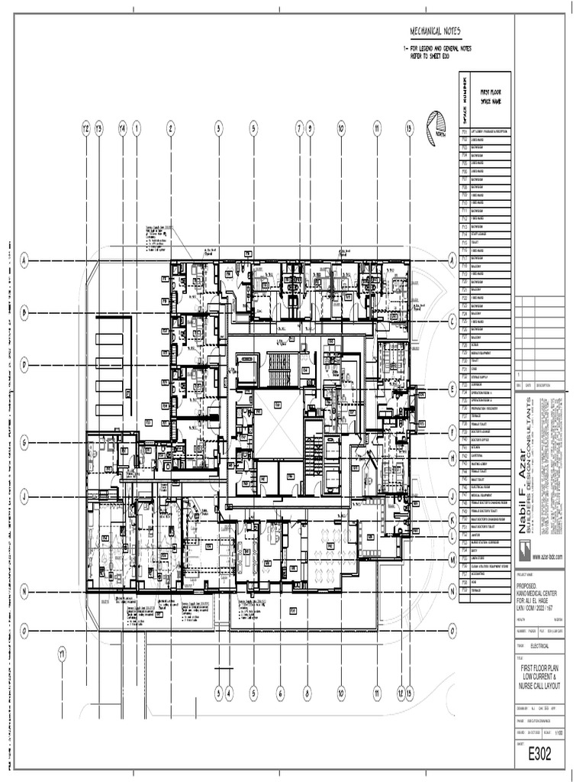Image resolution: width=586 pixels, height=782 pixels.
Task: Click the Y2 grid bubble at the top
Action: [x=86, y=128]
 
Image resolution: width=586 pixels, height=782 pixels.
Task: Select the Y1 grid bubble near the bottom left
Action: [x=63, y=654]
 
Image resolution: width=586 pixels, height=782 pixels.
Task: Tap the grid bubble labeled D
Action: [x=24, y=366]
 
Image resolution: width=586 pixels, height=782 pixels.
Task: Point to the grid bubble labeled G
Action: [x=24, y=441]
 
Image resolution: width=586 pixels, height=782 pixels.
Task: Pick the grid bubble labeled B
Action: [x=24, y=312]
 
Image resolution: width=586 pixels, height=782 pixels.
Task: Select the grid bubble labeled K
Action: [x=452, y=517]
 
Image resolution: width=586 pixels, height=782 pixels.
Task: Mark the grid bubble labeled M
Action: [x=452, y=560]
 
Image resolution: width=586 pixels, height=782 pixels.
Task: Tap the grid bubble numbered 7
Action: [x=299, y=128]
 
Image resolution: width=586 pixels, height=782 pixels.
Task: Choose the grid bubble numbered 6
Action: [x=280, y=693]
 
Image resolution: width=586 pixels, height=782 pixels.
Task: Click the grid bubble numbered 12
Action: [x=400, y=693]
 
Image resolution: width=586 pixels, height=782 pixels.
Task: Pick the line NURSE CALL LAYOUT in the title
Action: [x=540, y=687]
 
